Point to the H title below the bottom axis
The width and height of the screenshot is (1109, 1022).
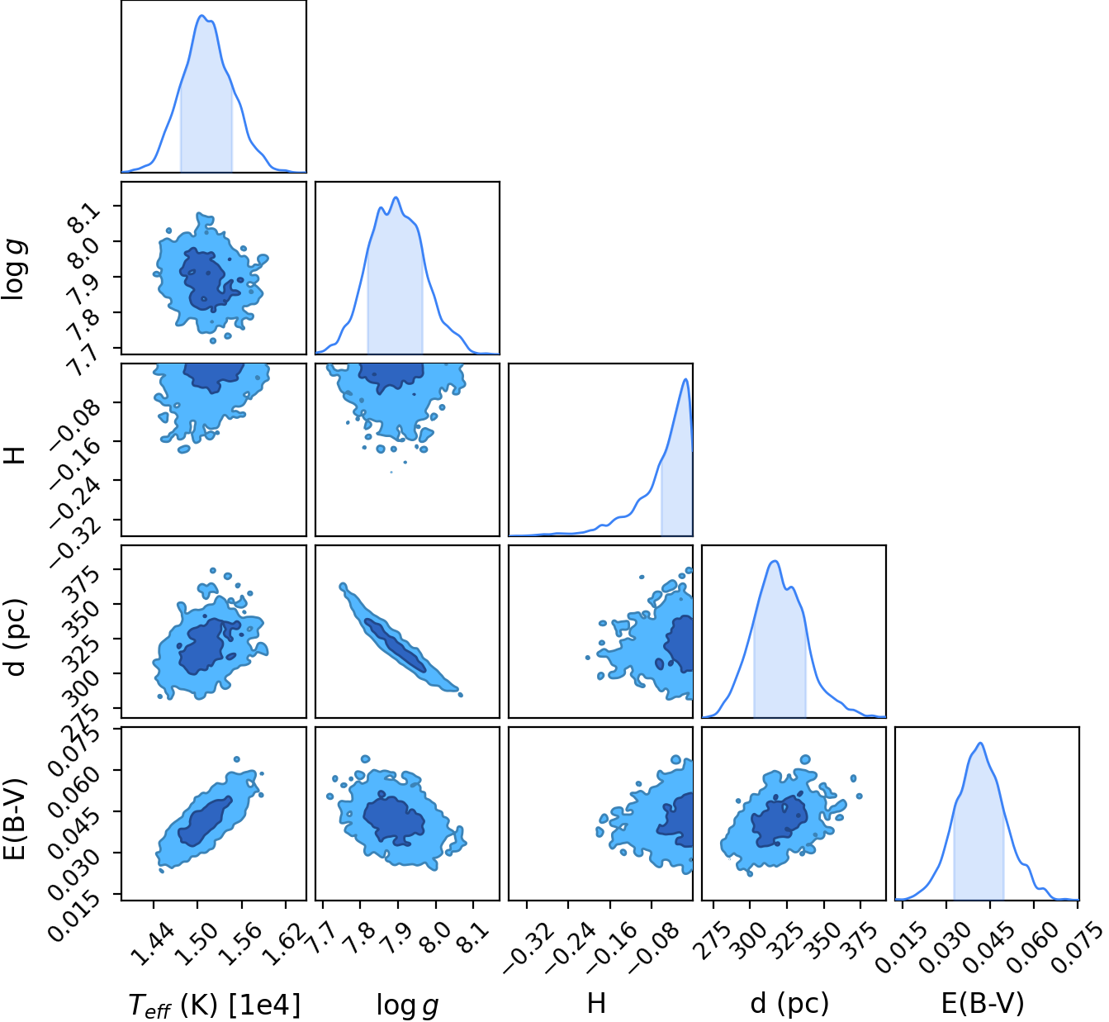click(596, 1002)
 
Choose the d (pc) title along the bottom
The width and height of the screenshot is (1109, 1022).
click(789, 1003)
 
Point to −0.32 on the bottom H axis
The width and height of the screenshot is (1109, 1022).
click(528, 948)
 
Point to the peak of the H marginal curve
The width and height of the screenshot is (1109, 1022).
click(685, 379)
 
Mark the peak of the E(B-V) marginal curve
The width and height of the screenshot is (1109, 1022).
click(981, 743)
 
